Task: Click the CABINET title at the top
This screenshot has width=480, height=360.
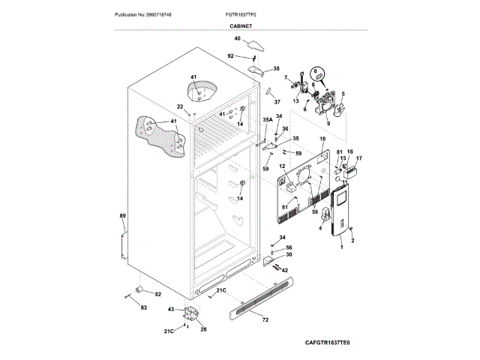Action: pos(241,25)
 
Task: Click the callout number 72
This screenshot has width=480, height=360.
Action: pos(265,320)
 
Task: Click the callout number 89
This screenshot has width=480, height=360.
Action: pos(122,216)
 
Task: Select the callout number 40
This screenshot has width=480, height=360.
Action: pos(237,39)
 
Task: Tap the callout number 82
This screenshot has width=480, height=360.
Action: pos(157,294)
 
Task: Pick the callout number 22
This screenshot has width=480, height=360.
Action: pos(180,106)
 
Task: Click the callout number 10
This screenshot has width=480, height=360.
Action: pos(323,139)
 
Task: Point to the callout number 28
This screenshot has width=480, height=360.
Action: pos(203,329)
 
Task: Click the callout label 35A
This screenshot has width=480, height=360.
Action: pos(268,120)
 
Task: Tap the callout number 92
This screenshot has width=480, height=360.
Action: pos(231,55)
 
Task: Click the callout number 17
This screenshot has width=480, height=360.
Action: pos(358,158)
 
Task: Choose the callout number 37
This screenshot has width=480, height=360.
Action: pos(276,101)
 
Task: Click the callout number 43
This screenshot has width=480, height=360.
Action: pos(171,309)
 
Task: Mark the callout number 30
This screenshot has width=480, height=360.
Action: pos(289,255)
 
